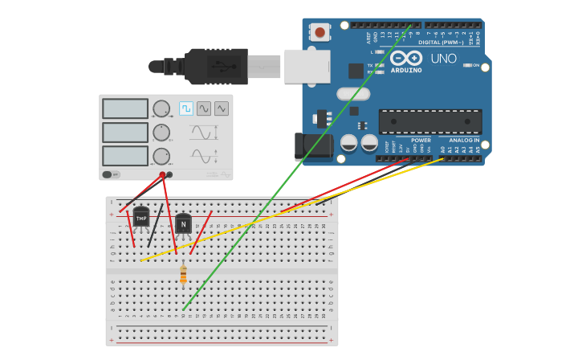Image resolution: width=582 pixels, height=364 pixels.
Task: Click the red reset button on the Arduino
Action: [x=320, y=32]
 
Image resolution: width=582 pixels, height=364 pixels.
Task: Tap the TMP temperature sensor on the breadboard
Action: [x=141, y=218]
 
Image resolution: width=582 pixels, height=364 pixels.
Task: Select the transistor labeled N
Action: [x=183, y=224]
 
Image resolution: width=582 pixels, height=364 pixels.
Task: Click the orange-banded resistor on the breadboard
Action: [x=183, y=275]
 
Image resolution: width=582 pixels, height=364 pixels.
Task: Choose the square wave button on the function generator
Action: [x=186, y=108]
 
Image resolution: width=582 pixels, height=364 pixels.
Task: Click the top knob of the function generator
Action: [x=161, y=108]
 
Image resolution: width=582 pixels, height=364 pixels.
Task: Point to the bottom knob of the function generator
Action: [x=161, y=156]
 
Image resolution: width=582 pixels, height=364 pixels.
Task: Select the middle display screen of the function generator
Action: [x=125, y=132]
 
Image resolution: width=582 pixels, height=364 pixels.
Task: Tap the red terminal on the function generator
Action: [x=161, y=174]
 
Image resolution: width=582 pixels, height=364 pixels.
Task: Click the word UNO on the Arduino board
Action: [x=443, y=59]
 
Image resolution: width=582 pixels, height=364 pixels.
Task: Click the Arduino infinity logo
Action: [x=406, y=58]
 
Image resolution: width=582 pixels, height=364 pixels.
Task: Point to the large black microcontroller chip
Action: [x=430, y=121]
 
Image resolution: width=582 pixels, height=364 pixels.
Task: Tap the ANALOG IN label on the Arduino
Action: [x=464, y=140]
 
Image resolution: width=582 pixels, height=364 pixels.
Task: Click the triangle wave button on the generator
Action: [x=221, y=108]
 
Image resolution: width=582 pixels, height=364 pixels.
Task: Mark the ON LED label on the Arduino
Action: [x=475, y=65]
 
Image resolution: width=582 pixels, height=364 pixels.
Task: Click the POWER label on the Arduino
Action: [x=421, y=140]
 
